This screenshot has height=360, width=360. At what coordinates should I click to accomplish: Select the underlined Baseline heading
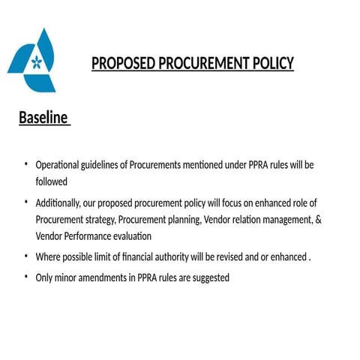point(43,118)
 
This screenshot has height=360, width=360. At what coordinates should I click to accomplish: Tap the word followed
point(51,181)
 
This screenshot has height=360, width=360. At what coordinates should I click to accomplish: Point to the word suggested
point(209,277)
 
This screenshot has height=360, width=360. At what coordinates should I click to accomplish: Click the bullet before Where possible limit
point(25,256)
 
